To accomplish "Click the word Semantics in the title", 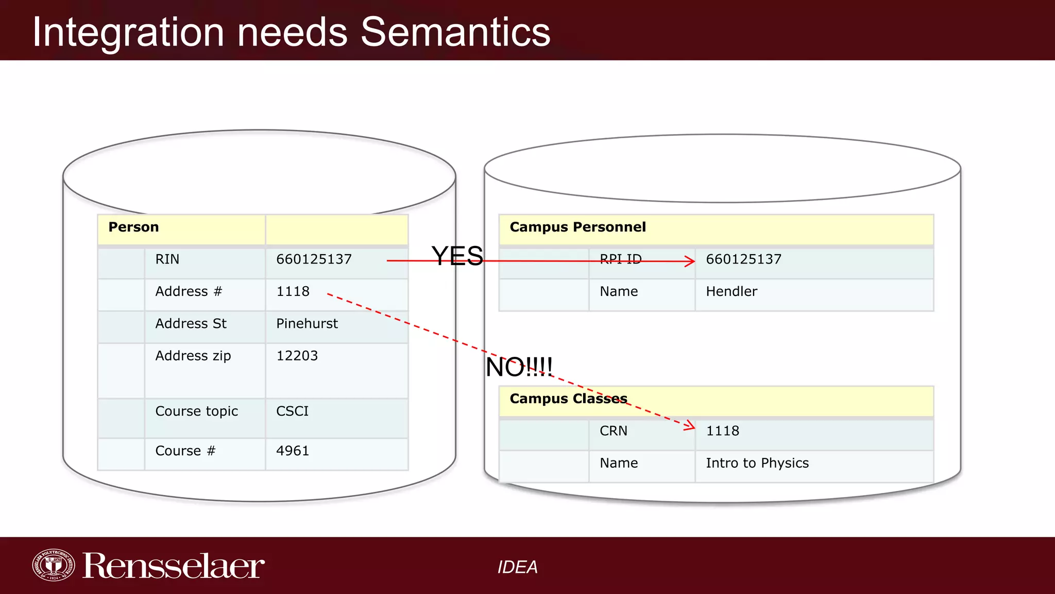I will pyautogui.click(x=455, y=32).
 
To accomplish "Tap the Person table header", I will pyautogui.click(x=133, y=227).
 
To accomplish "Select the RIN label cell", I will pyautogui.click(x=167, y=259).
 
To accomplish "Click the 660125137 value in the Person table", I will pyautogui.click(x=314, y=259).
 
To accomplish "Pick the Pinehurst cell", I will pyautogui.click(x=307, y=324).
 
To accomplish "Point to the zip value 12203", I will pyautogui.click(x=297, y=356).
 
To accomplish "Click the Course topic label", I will pyautogui.click(x=196, y=411).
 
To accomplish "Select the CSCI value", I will pyautogui.click(x=292, y=411).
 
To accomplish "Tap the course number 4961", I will pyautogui.click(x=293, y=451).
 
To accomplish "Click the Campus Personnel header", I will pyautogui.click(x=577, y=227).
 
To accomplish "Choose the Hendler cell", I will pyautogui.click(x=731, y=292).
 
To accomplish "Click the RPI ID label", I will pyautogui.click(x=621, y=259).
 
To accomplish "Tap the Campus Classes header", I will pyautogui.click(x=568, y=399).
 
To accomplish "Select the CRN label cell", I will pyautogui.click(x=614, y=431).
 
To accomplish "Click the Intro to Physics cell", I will pyautogui.click(x=757, y=463).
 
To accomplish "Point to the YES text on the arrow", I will pyautogui.click(x=457, y=256).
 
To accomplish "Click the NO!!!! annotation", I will pyautogui.click(x=519, y=368).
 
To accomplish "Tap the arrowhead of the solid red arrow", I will pyautogui.click(x=691, y=261).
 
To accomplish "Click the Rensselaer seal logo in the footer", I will pyautogui.click(x=53, y=565).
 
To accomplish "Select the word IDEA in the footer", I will pyautogui.click(x=517, y=567).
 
